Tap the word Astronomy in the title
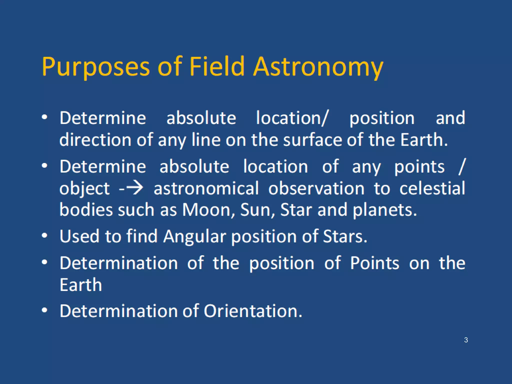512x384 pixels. [318, 67]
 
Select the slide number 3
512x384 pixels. [466, 340]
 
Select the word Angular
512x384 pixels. [194, 236]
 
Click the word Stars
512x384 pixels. [345, 236]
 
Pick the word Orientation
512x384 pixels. [253, 311]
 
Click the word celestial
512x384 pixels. [432, 188]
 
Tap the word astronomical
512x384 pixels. [206, 188]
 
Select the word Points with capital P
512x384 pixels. [374, 263]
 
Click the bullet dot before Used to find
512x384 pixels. [44, 235]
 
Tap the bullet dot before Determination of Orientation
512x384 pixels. [44, 310]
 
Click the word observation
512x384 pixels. [316, 188]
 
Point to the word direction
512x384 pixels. [95, 140]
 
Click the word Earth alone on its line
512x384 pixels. [81, 285]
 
